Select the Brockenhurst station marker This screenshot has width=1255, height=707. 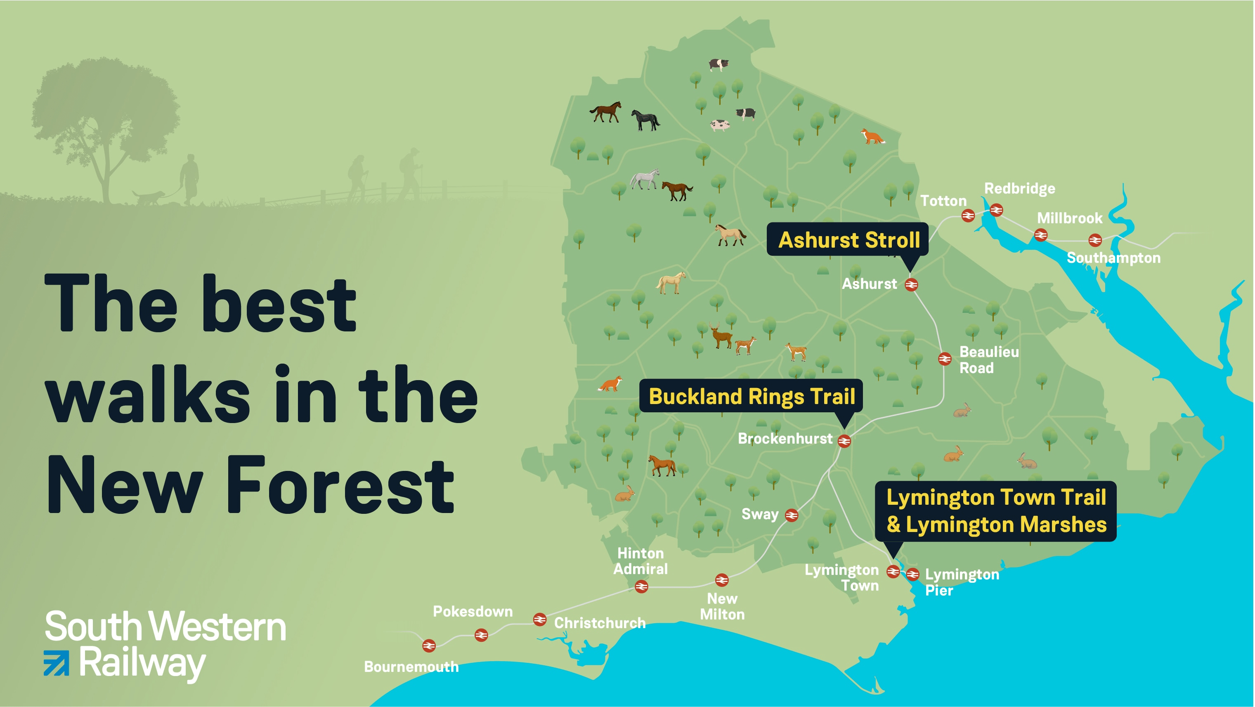(844, 441)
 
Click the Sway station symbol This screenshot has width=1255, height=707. (792, 515)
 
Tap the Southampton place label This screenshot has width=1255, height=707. (1113, 258)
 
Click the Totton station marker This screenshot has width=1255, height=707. (968, 215)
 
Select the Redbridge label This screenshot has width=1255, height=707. (1019, 189)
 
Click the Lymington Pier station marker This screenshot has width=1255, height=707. (912, 575)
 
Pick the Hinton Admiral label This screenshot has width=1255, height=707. (640, 561)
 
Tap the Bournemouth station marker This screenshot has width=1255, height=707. (429, 646)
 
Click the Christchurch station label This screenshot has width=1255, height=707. (599, 623)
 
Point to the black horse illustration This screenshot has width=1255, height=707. (645, 120)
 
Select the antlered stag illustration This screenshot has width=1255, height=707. (720, 335)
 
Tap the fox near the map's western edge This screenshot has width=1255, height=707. (610, 384)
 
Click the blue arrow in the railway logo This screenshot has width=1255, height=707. (57, 663)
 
